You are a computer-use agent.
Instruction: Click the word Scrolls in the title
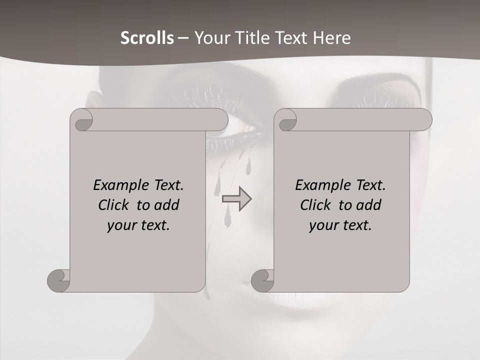pos(147,38)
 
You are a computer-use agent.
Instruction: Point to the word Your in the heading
pos(211,38)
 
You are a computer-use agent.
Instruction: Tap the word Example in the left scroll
pos(120,185)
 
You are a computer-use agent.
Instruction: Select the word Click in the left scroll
pos(115,205)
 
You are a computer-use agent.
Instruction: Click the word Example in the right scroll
pos(322,185)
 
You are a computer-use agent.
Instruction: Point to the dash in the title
pos(183,38)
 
